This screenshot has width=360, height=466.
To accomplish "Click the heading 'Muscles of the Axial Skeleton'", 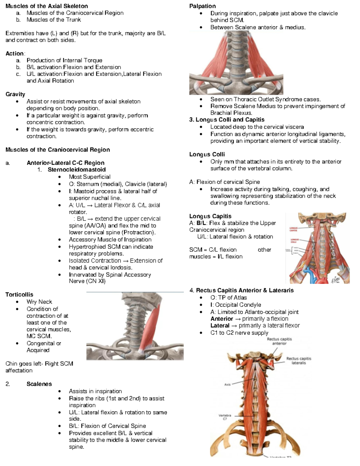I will tap(46, 6).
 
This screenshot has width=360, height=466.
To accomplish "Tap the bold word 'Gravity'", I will tap(15, 94).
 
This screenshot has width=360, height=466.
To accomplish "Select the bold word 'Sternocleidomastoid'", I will tap(76, 170).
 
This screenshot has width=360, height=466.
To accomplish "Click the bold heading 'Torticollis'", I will tap(19, 295).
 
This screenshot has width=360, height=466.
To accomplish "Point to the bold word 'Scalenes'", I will tap(39, 384).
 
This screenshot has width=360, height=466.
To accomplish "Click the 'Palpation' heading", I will tap(202, 6).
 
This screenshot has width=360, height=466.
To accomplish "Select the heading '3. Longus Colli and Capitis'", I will tap(227, 120).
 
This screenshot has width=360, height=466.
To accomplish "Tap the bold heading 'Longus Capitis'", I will tap(210, 216).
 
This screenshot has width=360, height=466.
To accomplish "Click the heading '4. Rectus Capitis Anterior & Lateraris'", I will tap(241, 290).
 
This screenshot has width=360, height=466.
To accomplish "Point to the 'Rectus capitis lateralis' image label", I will tap(298, 361).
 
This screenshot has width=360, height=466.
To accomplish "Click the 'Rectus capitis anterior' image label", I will tap(279, 341).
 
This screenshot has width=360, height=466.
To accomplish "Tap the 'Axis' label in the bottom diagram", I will tap(227, 384).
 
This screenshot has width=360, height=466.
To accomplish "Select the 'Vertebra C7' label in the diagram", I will tap(225, 417).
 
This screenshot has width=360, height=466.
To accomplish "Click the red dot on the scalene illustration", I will tap(259, 76).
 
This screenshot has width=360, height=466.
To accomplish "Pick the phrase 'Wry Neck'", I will tap(39, 302).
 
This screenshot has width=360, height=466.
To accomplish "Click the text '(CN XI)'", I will tap(96, 281).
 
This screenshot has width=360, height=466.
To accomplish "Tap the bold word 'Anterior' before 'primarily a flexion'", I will tap(222, 319).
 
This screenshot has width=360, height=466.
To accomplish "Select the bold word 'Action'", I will tap(14, 54).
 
